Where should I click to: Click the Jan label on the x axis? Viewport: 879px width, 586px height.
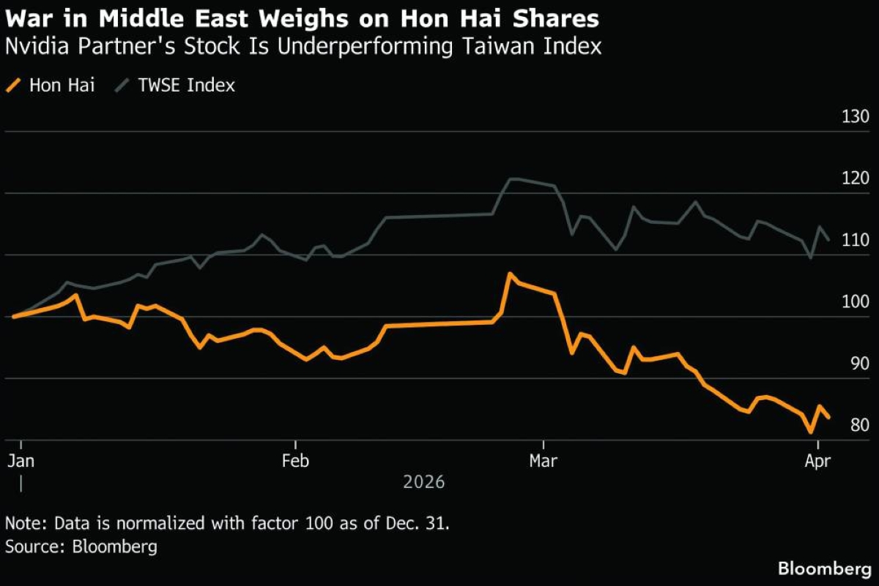click(x=21, y=462)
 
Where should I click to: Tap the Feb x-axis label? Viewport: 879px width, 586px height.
click(x=294, y=462)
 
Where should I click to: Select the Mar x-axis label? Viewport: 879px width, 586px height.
click(x=543, y=462)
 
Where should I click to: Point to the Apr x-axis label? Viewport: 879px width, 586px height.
click(x=817, y=462)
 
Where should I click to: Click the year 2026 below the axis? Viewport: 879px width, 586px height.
click(x=423, y=483)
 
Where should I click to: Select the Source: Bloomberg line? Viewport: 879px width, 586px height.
click(x=81, y=546)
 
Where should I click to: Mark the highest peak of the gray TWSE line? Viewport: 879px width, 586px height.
click(x=513, y=179)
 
